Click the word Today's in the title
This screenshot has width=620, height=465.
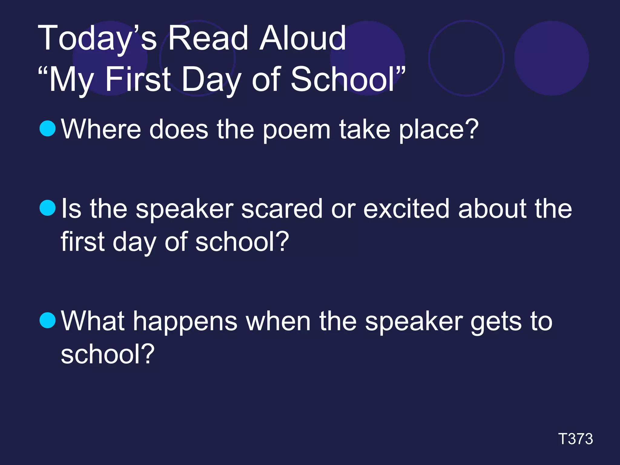click(97, 39)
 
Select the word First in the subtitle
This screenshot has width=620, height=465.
click(138, 79)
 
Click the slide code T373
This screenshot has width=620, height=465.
click(575, 439)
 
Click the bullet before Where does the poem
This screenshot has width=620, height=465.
click(48, 128)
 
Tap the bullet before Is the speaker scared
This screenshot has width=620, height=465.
click(48, 208)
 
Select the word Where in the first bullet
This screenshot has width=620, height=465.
click(101, 130)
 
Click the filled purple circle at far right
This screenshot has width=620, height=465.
click(551, 58)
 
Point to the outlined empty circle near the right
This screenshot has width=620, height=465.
click(466, 58)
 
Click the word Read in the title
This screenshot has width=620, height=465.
click(208, 39)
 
